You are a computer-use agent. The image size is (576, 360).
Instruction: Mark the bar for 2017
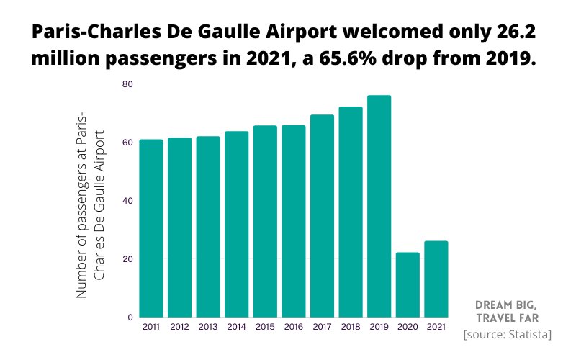[322, 215]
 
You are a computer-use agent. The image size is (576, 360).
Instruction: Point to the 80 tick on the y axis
[127, 84]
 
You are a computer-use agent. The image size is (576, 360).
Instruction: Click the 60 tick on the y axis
[127, 143]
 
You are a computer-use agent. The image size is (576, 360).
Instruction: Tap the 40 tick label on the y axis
[127, 201]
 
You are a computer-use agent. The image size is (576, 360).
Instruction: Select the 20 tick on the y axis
[127, 259]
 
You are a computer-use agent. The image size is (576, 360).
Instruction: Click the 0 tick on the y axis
[130, 318]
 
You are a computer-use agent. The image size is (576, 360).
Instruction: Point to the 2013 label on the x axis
[208, 327]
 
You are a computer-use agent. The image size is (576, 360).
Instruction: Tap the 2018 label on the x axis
[351, 327]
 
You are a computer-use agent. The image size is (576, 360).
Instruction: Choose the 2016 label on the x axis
[294, 327]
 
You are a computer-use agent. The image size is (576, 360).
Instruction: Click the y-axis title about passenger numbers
[91, 205]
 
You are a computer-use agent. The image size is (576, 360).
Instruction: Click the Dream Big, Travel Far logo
[508, 310]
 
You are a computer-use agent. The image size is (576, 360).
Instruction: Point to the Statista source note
[508, 335]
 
